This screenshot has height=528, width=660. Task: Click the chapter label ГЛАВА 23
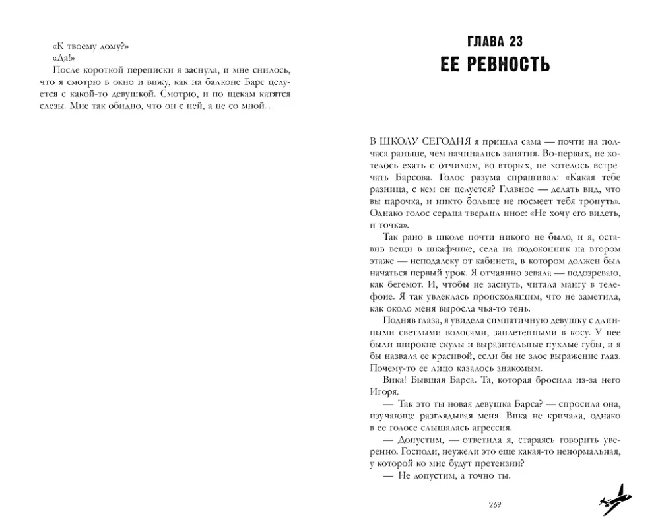tap(495, 42)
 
